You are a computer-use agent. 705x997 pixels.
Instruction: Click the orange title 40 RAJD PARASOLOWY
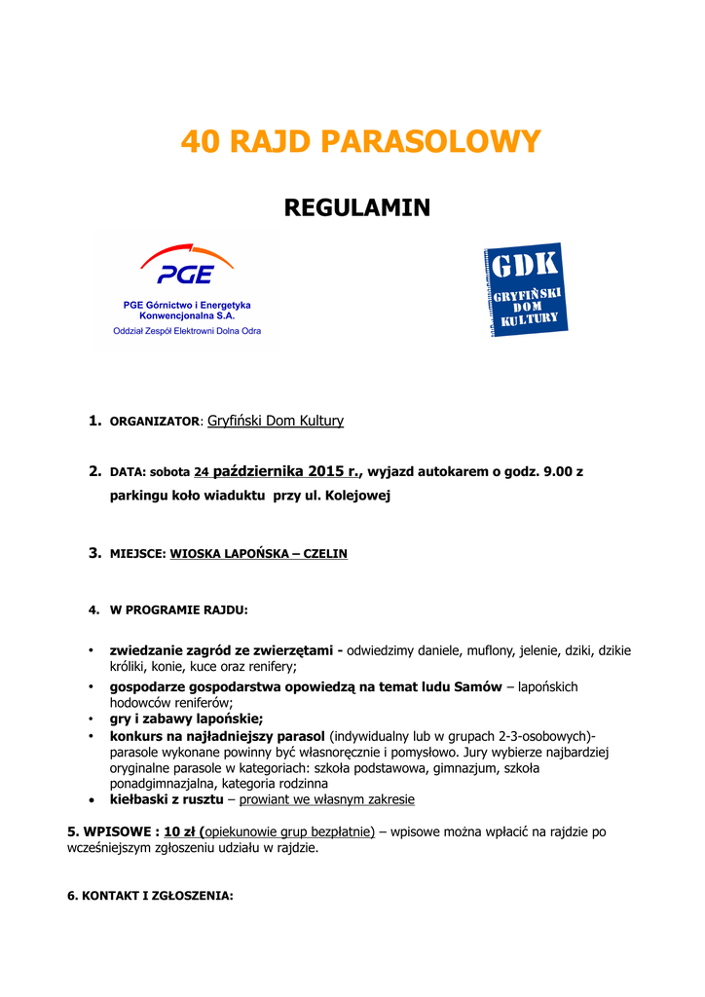pos(359,142)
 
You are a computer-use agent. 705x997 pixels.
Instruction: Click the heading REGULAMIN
pos(356,207)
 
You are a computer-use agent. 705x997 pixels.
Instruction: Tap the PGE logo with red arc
pos(187,266)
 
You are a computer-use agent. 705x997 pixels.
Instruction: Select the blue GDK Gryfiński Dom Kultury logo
pos(526,289)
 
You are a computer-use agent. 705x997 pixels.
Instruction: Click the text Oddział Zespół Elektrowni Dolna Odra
pos(187,330)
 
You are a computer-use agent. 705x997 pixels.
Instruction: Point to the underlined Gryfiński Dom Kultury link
pos(276,421)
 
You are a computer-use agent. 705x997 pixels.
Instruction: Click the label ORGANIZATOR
pos(154,422)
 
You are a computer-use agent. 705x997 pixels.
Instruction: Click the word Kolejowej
pos(360,496)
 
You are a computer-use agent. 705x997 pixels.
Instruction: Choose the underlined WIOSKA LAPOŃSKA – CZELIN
pos(258,554)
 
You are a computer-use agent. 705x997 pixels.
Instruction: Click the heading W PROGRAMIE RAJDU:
pos(178,610)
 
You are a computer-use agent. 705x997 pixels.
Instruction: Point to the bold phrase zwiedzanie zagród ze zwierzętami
pos(221,649)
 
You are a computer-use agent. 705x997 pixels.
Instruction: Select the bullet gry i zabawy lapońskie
pos(172,719)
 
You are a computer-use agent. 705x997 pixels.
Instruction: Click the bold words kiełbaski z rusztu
pos(167,799)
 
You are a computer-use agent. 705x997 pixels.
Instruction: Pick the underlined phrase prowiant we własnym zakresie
pos(326,799)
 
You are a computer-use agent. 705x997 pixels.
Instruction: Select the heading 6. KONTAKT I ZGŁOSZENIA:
pos(150,896)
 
